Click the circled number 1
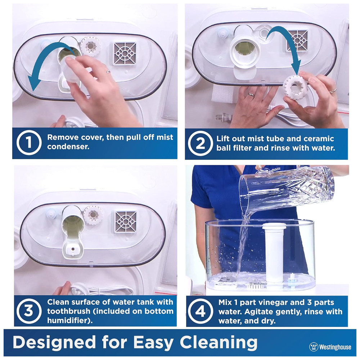(x=29, y=142)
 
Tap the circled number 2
(x=200, y=143)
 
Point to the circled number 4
(x=200, y=311)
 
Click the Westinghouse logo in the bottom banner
(x=330, y=347)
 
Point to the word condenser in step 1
(x=68, y=147)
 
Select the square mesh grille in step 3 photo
(x=126, y=221)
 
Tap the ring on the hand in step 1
(x=108, y=72)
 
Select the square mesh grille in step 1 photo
(x=125, y=54)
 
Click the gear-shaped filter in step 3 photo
(x=93, y=215)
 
